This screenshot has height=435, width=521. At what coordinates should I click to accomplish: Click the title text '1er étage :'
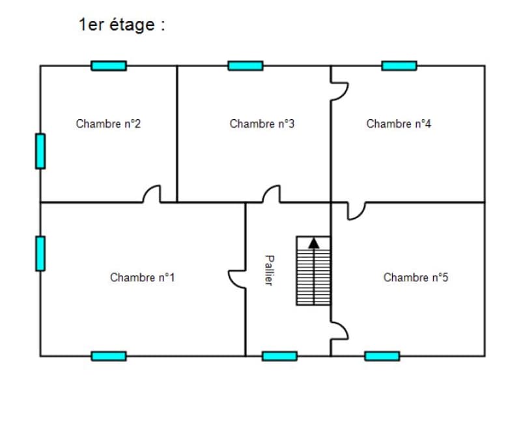click(122, 25)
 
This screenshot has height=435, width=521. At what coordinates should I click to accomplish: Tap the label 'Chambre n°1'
click(142, 277)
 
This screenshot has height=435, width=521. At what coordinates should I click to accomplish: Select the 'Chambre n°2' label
click(108, 124)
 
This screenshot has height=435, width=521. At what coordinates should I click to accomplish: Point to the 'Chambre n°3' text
click(262, 124)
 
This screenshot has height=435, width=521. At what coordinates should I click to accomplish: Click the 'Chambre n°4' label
click(399, 124)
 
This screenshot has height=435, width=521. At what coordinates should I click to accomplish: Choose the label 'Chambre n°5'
click(415, 277)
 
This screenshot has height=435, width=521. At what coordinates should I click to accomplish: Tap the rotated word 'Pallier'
click(270, 270)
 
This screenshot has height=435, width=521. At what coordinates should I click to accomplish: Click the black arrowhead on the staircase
click(314, 244)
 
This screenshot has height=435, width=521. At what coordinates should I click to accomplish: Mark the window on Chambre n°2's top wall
click(109, 66)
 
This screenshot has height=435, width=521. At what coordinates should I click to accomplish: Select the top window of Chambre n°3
click(246, 66)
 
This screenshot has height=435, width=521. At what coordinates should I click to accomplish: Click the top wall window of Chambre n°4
click(399, 66)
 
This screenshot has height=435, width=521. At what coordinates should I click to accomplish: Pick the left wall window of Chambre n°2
click(40, 151)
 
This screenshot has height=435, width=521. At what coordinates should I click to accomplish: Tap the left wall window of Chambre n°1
click(40, 253)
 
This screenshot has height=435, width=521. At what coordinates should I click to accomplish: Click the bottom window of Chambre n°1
click(109, 356)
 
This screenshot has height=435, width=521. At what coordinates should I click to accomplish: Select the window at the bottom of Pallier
click(279, 356)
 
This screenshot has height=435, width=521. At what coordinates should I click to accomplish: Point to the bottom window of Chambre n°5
click(382, 356)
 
